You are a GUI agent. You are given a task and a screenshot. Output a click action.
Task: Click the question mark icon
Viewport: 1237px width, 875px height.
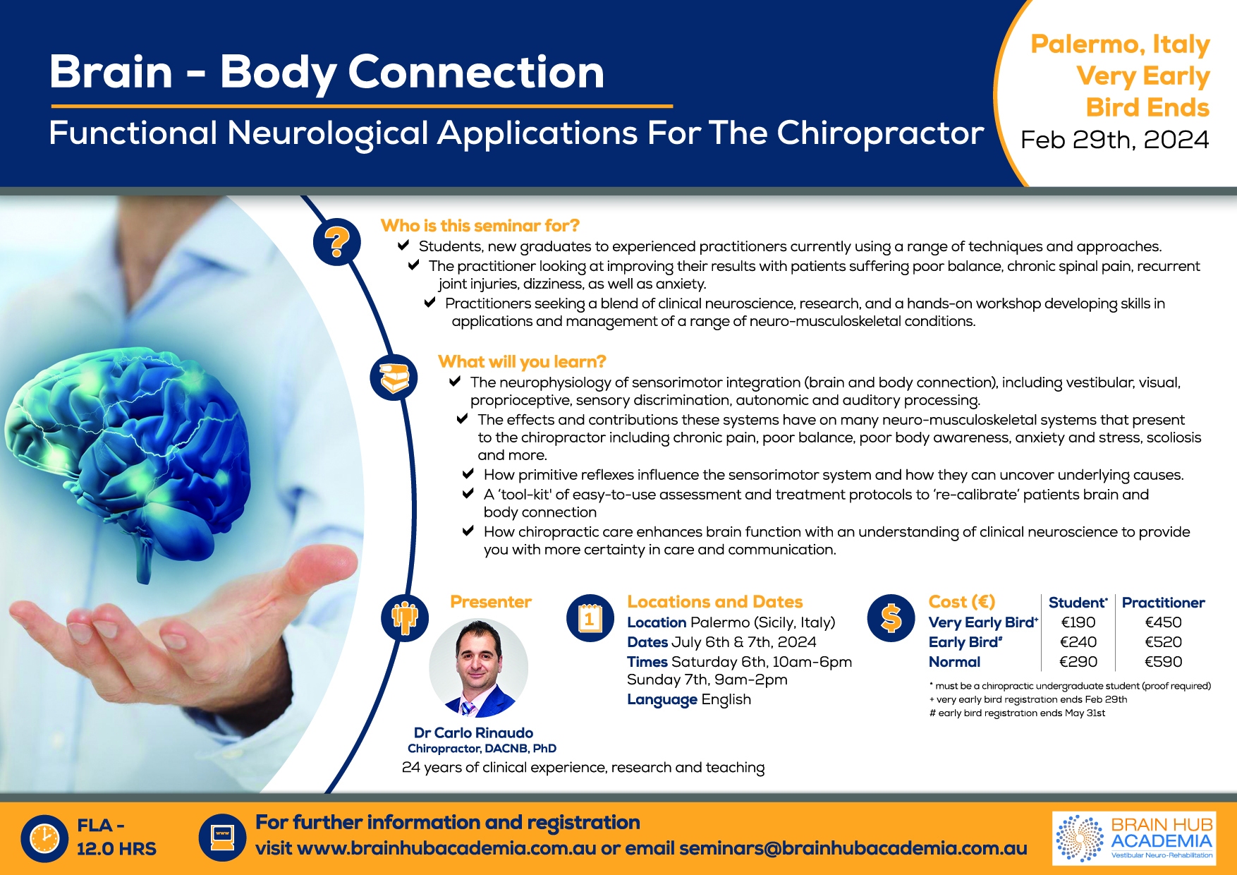(337, 241)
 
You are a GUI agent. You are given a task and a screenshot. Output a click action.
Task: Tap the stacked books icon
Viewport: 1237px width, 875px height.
(394, 378)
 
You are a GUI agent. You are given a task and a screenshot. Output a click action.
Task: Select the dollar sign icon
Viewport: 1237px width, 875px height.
(891, 617)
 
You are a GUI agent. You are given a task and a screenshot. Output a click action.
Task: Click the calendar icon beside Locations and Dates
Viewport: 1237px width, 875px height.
(590, 618)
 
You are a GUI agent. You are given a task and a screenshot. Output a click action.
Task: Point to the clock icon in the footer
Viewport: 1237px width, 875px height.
(44, 838)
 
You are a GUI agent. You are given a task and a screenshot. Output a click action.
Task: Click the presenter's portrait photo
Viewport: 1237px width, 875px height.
(479, 668)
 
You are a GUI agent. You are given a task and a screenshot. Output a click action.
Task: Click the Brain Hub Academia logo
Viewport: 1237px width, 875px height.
(1134, 838)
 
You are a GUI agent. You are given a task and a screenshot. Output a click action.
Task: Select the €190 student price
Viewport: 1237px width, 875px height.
(1078, 622)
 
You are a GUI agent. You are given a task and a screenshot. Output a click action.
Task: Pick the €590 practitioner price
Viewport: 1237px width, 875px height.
(1164, 662)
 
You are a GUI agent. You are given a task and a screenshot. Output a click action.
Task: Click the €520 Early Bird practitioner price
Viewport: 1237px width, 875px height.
(1164, 642)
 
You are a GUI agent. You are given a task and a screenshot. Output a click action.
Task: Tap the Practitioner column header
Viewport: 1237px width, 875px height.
(1164, 603)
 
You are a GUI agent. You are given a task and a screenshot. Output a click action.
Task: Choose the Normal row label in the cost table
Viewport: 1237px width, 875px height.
(954, 662)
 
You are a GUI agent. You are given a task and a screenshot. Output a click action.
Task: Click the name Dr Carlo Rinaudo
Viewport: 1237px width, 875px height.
(473, 732)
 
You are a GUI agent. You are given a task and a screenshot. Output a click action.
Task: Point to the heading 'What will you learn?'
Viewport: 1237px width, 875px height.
(522, 362)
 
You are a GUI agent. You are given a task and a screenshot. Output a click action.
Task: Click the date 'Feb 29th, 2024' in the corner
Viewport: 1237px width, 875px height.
(1115, 140)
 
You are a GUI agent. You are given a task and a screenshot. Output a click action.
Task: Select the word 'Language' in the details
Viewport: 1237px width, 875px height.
(662, 700)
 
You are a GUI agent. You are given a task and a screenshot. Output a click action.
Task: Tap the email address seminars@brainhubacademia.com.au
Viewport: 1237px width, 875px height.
(853, 848)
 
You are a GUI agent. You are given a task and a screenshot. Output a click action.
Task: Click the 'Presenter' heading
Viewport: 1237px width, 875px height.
(491, 602)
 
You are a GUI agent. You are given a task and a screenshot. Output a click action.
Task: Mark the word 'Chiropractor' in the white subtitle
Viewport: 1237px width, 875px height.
(881, 134)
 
